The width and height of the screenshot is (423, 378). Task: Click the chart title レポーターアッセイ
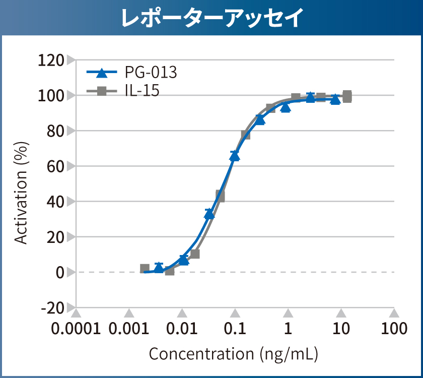click(211, 18)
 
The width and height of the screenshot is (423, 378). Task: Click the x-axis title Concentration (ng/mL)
click(233, 354)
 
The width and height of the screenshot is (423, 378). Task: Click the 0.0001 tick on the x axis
click(76, 329)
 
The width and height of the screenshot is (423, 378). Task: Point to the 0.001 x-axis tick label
click(129, 329)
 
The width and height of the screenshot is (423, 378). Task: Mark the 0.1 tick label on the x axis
click(235, 329)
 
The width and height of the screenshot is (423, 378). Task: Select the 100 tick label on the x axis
click(394, 329)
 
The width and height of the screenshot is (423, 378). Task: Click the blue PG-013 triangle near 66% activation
click(235, 156)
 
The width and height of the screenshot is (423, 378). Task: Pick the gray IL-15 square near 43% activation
click(220, 196)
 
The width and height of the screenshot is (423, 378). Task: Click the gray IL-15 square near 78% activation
click(246, 135)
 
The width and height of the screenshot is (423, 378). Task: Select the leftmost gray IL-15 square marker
click(145, 269)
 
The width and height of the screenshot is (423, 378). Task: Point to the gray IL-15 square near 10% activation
click(195, 254)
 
